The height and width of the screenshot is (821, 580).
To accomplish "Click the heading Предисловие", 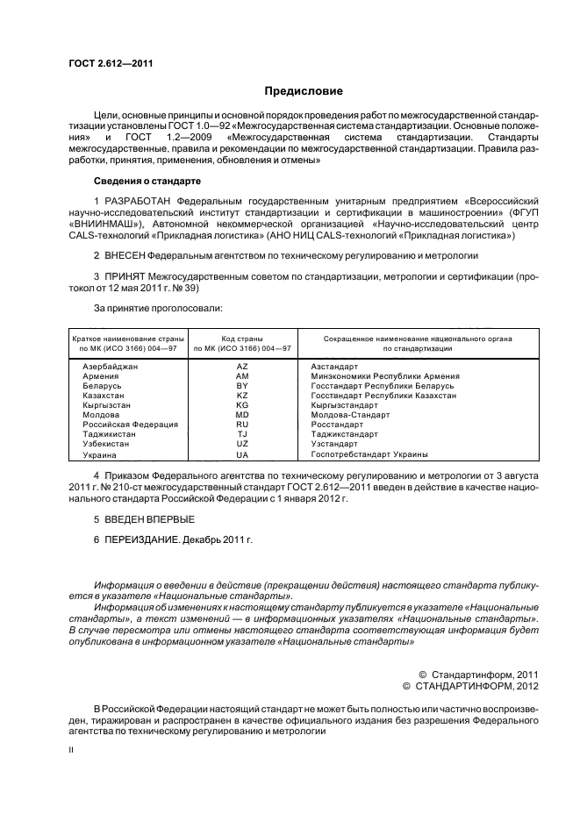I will (304, 91).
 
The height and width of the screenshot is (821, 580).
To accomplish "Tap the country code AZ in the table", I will (242, 366).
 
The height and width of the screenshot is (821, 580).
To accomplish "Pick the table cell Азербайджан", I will (108, 366).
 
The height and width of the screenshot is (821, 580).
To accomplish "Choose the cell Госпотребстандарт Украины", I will (369, 454).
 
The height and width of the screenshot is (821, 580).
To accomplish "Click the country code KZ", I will (242, 396).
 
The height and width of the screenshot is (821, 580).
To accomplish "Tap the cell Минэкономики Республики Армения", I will (384, 375).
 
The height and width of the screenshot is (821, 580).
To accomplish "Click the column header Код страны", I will (242, 338).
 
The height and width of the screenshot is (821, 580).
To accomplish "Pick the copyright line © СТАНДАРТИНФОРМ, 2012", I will (469, 684).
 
